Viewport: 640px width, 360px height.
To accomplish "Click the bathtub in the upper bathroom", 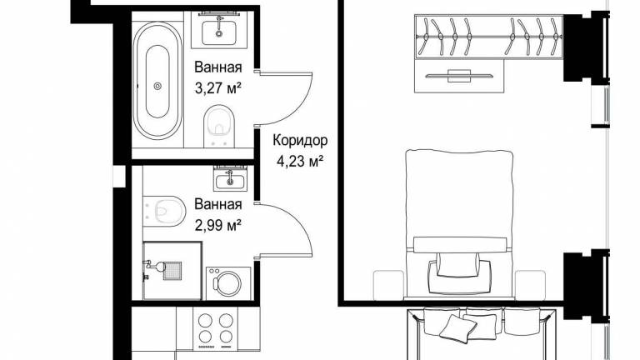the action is tap(157, 80).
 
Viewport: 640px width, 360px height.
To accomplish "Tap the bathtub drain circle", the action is tap(157, 86).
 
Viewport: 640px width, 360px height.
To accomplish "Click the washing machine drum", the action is tap(228, 283).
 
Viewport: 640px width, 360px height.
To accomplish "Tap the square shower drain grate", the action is tap(172, 271).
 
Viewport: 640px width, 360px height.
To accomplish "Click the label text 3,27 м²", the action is tap(218, 87).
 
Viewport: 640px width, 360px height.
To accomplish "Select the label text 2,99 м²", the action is tap(218, 225).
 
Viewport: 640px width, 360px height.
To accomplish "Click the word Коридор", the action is tap(300, 141).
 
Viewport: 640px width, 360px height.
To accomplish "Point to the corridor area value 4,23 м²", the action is tap(300, 161).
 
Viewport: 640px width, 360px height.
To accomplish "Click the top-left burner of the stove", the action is tap(205, 320).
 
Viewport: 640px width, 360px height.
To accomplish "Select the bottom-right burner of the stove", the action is tap(226, 337).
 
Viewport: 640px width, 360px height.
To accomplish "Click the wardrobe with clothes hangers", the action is tap(488, 37).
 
